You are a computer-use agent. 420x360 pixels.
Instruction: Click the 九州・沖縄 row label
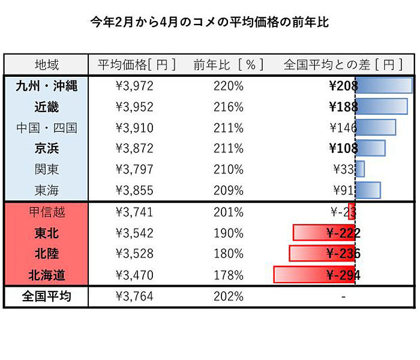[x=47, y=86]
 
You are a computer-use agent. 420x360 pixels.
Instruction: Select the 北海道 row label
[x=47, y=275]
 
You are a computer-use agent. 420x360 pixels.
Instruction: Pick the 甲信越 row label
[x=47, y=212]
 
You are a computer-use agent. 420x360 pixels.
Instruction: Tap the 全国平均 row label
[x=47, y=296]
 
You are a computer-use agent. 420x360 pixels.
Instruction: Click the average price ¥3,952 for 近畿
[x=134, y=107]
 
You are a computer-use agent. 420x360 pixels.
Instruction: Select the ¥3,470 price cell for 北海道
[x=134, y=275]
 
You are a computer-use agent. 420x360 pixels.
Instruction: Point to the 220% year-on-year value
[x=229, y=86]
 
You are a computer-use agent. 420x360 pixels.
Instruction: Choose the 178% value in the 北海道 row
[x=229, y=275]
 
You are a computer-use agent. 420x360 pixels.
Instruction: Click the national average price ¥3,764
[x=134, y=296]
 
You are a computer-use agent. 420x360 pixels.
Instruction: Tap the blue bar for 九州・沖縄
[x=384, y=86]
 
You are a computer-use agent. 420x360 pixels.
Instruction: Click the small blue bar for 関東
[x=360, y=169]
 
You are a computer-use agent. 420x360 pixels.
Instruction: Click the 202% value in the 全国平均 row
[x=229, y=296]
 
